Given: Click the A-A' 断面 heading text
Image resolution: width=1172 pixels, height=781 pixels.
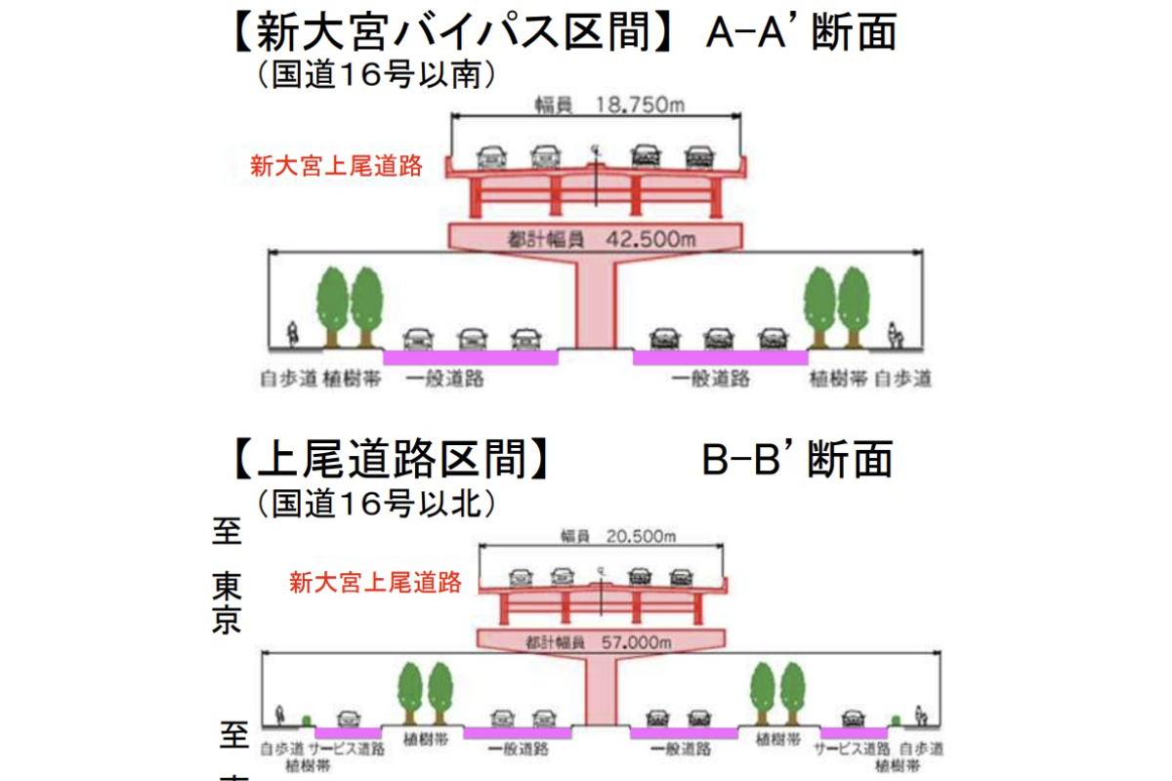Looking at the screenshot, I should (800, 35).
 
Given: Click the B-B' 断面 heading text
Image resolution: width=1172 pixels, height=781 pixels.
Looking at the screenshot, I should (796, 459).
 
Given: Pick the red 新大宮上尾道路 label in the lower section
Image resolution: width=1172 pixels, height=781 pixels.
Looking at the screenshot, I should (375, 584).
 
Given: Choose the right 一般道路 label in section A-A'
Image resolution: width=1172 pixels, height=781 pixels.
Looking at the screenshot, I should (711, 379).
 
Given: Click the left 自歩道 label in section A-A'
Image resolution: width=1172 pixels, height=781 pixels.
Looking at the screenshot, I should (288, 379).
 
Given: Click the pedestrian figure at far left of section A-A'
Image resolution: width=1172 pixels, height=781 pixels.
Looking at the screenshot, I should (291, 334).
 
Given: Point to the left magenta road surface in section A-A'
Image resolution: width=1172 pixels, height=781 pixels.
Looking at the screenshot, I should (470, 357).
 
